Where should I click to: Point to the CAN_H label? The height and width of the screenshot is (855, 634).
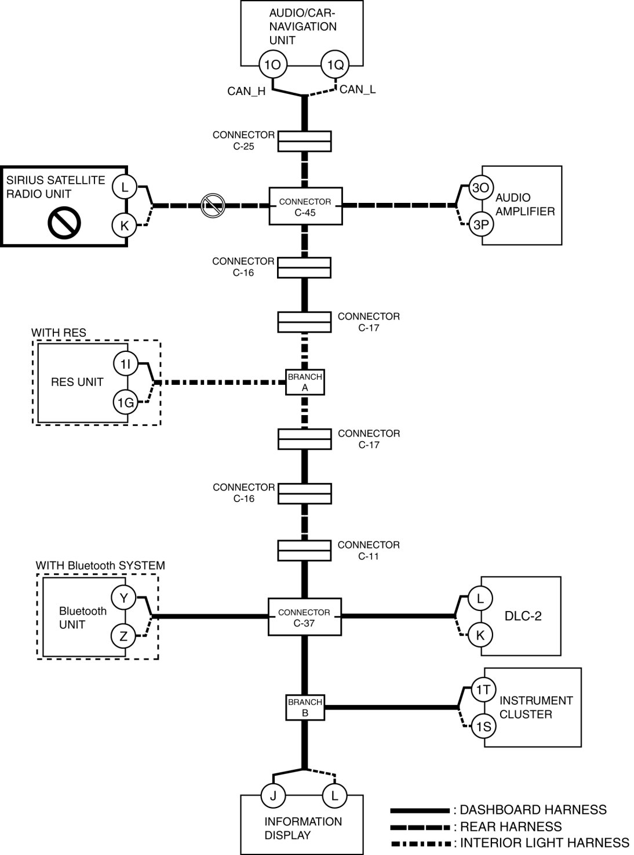246,91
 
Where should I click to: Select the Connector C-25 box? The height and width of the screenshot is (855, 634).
304,141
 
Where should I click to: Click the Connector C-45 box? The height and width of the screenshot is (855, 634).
305,206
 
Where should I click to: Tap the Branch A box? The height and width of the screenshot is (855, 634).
305,383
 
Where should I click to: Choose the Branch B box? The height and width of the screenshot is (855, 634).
305,708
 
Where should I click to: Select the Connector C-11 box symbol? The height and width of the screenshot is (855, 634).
304,551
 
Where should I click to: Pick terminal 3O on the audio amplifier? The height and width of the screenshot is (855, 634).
480,188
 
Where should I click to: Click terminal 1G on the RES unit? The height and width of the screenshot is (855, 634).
126,402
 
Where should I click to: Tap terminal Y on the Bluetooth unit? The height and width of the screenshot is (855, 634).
123,598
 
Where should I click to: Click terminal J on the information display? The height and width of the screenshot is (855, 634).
273,796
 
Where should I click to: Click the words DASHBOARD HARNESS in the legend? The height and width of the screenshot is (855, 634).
533,810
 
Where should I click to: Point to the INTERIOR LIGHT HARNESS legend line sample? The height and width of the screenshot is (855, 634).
420,843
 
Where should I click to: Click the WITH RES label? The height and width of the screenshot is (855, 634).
59,333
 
